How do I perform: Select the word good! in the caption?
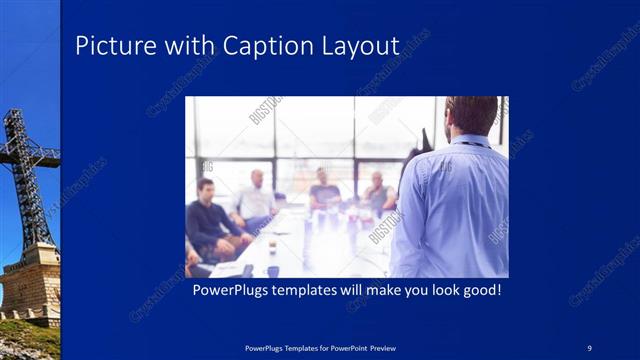pyautogui.click(x=477, y=290)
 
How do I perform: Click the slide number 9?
pyautogui.click(x=590, y=347)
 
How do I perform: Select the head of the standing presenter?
pyautogui.click(x=472, y=115)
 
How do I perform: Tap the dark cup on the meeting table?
pyautogui.click(x=272, y=270)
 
